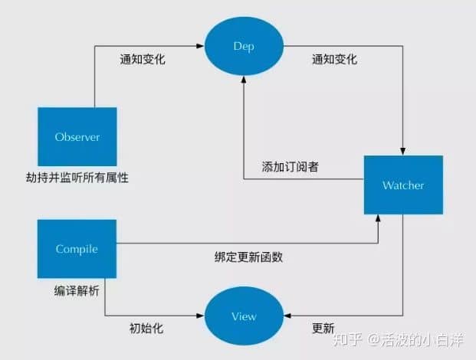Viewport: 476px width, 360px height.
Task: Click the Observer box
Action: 77,137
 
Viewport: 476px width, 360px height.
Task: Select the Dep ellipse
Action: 243,46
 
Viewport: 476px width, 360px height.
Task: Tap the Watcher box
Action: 403,185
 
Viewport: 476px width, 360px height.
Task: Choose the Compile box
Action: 77,248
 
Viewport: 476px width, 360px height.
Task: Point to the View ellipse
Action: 244,316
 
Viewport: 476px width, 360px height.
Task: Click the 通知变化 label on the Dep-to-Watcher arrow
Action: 334,59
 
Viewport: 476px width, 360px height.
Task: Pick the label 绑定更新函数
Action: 248,257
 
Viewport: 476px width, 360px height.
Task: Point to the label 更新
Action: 323,329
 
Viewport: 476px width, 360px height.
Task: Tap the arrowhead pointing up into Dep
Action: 244,80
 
